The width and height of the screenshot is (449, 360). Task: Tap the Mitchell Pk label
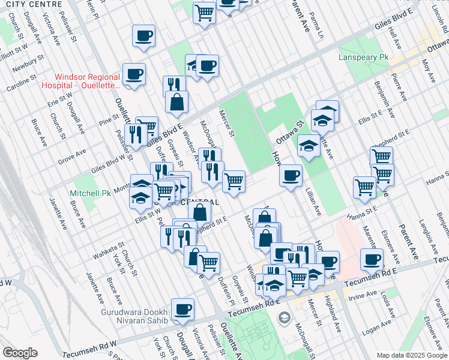tap(90, 194)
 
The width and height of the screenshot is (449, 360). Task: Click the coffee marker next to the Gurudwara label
tap(182, 310)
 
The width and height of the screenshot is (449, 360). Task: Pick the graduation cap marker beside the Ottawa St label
tap(309, 146)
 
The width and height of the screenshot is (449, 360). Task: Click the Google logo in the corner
tap(20, 353)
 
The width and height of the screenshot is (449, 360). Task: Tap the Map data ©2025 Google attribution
tap(412, 355)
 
